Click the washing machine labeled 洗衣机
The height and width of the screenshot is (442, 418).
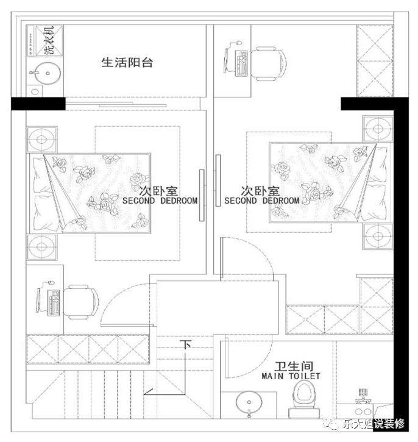pos(44,41)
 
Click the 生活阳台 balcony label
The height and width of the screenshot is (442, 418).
pos(127,62)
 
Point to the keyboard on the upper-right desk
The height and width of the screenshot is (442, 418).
pos(241,63)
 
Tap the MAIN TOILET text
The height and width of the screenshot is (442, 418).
pos(291,376)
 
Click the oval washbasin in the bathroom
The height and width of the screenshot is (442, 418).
pos(249,402)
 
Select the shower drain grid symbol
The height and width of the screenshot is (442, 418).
pos(363,392)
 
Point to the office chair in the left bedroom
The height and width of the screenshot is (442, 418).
pos(81,302)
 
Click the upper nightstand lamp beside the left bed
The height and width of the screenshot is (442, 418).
pos(41,140)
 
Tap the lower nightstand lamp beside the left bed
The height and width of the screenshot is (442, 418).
pos(41,247)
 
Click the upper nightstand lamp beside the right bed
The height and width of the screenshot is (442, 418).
pos(378,129)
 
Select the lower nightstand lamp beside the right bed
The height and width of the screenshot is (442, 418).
pos(378,236)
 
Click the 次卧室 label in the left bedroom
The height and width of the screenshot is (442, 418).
pos(158,191)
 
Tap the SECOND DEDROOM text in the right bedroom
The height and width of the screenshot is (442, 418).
pos(262,201)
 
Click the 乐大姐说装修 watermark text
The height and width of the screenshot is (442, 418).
pos(374,424)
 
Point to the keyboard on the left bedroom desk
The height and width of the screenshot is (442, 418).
pos(55,303)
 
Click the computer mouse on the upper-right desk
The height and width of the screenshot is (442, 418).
pos(238,43)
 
